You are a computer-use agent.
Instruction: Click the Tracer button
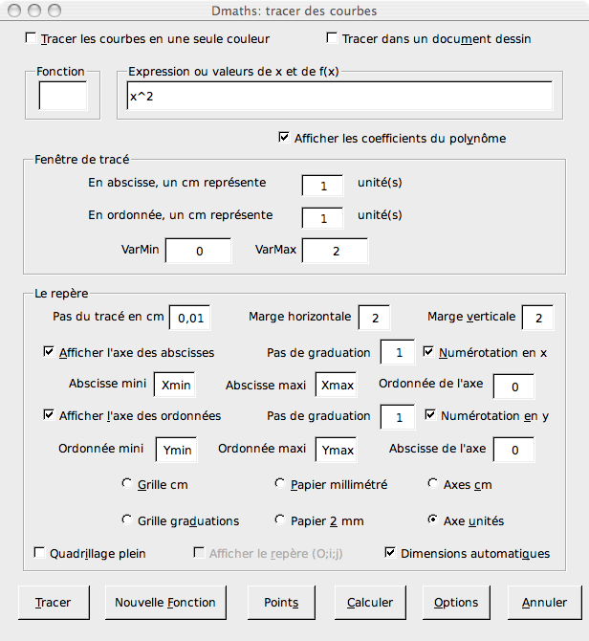click(53, 603)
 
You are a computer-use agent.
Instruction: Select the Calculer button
click(370, 603)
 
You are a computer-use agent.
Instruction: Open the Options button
click(456, 603)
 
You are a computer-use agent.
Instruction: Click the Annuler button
click(544, 603)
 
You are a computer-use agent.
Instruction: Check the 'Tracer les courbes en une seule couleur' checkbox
click(32, 39)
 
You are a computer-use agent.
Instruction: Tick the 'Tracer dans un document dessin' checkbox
click(333, 39)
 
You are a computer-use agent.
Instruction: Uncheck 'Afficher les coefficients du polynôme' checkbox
click(284, 138)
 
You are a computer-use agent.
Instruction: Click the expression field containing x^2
click(338, 97)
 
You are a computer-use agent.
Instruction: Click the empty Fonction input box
click(62, 97)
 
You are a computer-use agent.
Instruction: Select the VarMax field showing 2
click(336, 251)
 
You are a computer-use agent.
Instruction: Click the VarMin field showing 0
click(199, 251)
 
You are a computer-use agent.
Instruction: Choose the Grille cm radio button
click(128, 484)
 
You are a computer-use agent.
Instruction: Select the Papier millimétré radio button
click(280, 484)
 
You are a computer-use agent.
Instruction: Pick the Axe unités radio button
click(434, 520)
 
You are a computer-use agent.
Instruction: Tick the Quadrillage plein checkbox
click(40, 553)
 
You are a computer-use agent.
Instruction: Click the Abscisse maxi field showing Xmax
click(338, 386)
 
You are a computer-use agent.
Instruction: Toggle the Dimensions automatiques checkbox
click(390, 553)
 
